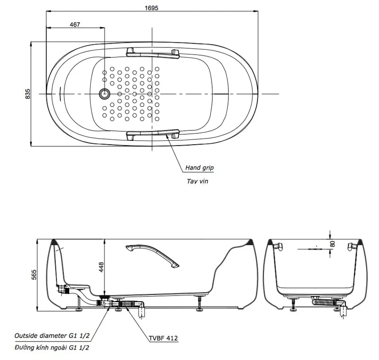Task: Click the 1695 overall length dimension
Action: [x=152, y=8]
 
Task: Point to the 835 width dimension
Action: [x=27, y=93]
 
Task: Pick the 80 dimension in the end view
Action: [x=333, y=244]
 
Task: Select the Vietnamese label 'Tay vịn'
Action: [x=197, y=181]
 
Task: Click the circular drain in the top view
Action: [x=104, y=94]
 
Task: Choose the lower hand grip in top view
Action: [x=153, y=134]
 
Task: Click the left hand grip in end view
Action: [x=278, y=246]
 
